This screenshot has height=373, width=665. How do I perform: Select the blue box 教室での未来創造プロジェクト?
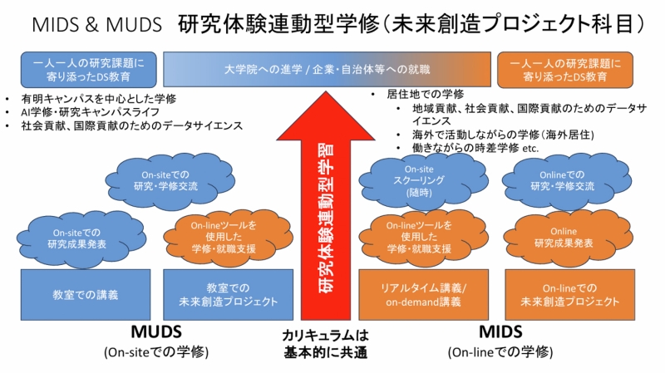pos(229,294)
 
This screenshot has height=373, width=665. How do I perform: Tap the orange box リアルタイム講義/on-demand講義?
pos(423,294)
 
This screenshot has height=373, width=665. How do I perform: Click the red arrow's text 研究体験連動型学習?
pos(328,216)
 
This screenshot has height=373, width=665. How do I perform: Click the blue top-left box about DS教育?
pos(89,69)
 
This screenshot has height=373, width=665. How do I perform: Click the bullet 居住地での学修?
pos(425,94)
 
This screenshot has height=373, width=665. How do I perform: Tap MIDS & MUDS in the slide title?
pos(96,24)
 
